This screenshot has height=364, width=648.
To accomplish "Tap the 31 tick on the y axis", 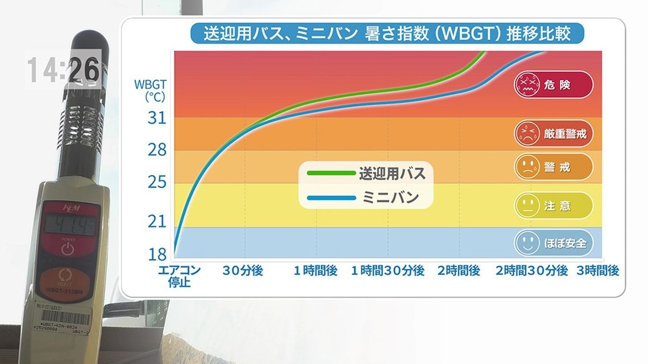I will pyautogui.click(x=157, y=118).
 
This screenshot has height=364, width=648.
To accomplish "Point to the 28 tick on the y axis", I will pyautogui.click(x=157, y=150).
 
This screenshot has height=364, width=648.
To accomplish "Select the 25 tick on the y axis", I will pyautogui.click(x=157, y=183).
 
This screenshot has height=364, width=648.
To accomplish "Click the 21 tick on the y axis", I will pyautogui.click(x=157, y=221).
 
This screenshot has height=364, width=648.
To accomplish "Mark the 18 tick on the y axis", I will pyautogui.click(x=157, y=254).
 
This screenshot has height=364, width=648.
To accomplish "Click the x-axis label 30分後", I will pyautogui.click(x=243, y=271).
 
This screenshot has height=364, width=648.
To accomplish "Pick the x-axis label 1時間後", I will pyautogui.click(x=315, y=271).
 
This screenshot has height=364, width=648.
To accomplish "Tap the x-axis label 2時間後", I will pyautogui.click(x=458, y=271).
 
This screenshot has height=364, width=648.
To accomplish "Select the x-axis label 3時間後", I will pyautogui.click(x=597, y=271).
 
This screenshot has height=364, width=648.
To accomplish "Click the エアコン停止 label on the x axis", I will pyautogui.click(x=179, y=276).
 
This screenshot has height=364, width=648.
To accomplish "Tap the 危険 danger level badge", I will pyautogui.click(x=553, y=85).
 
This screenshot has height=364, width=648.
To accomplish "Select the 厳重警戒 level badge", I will pyautogui.click(x=553, y=133).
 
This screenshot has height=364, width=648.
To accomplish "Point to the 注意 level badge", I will pyautogui.click(x=553, y=205).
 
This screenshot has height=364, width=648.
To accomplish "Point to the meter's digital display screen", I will pyautogui.click(x=67, y=223).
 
